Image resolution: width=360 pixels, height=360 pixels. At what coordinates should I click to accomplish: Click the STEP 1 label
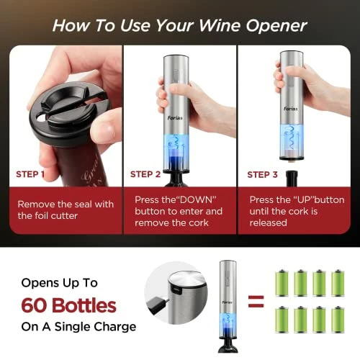pos(30,174)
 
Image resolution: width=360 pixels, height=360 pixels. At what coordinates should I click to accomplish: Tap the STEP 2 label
pos(145,174)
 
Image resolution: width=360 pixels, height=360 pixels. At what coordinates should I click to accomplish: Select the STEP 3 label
pos(262,175)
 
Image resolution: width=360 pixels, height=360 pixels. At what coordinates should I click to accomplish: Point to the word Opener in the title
pos(276,27)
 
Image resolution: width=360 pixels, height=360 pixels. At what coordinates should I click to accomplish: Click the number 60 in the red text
pos(34,305)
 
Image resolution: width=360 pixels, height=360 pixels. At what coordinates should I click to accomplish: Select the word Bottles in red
pos(84,305)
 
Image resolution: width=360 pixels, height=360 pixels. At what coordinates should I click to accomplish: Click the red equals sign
pos(256,302)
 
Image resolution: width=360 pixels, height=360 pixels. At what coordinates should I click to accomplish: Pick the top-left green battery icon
pos(282,283)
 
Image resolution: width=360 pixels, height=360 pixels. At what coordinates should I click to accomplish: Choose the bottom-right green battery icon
pos(338,319)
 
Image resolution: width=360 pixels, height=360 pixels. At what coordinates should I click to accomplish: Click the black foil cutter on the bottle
pos(68,113)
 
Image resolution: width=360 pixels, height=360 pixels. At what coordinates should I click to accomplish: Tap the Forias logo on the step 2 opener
pos(175,118)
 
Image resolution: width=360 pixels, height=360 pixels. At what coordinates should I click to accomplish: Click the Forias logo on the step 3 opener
pos(291,109)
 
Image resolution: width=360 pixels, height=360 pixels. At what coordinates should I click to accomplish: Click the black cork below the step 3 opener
pos(292,179)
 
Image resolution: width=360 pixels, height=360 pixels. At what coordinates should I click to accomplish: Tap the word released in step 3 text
pos(269,223)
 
